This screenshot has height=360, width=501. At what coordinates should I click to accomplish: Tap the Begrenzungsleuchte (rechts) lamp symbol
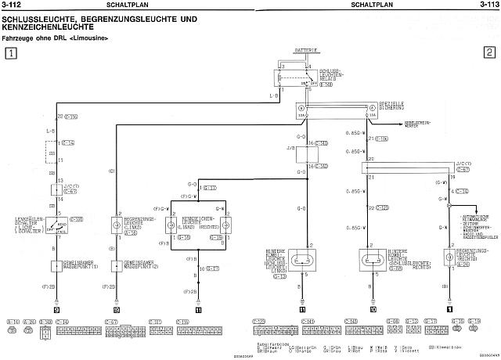[x=449, y=257]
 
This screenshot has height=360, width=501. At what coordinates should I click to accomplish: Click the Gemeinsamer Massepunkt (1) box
[x=56, y=265]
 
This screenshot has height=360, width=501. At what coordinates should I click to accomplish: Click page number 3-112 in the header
[x=13, y=5]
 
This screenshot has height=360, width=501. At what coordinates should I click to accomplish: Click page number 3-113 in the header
[x=487, y=5]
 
